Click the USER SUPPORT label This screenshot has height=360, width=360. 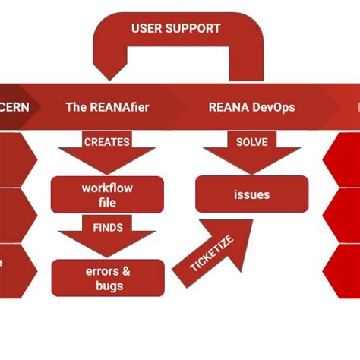[x=176, y=29]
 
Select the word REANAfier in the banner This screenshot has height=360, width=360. [x=119, y=107]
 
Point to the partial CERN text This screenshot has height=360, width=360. [x=14, y=107]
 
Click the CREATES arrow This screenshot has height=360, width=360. [x=107, y=152]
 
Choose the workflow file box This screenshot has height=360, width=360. [x=107, y=194]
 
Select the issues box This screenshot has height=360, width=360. [x=251, y=194]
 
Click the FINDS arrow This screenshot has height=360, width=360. [x=107, y=237]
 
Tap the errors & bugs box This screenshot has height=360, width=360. [x=107, y=278]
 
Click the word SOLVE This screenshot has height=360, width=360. [x=251, y=142]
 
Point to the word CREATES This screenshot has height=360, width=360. [x=107, y=142]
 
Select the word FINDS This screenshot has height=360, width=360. [x=107, y=227]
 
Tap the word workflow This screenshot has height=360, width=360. [x=107, y=188]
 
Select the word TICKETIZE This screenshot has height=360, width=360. [x=212, y=255]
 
